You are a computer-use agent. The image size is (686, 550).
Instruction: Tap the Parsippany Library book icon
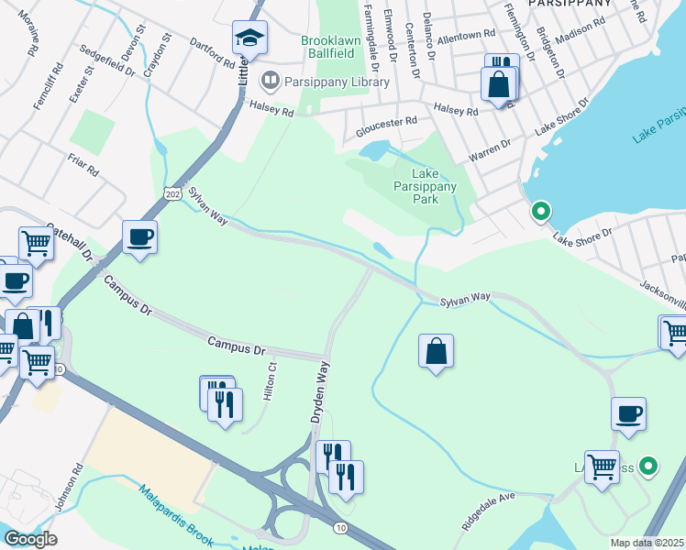[270, 82]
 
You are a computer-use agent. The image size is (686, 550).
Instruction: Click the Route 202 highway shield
[172, 194]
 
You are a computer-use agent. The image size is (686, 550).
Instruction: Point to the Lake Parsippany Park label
[434, 186]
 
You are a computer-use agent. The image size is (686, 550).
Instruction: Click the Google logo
[30, 539]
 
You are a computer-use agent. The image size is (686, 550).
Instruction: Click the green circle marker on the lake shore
[541, 212]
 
